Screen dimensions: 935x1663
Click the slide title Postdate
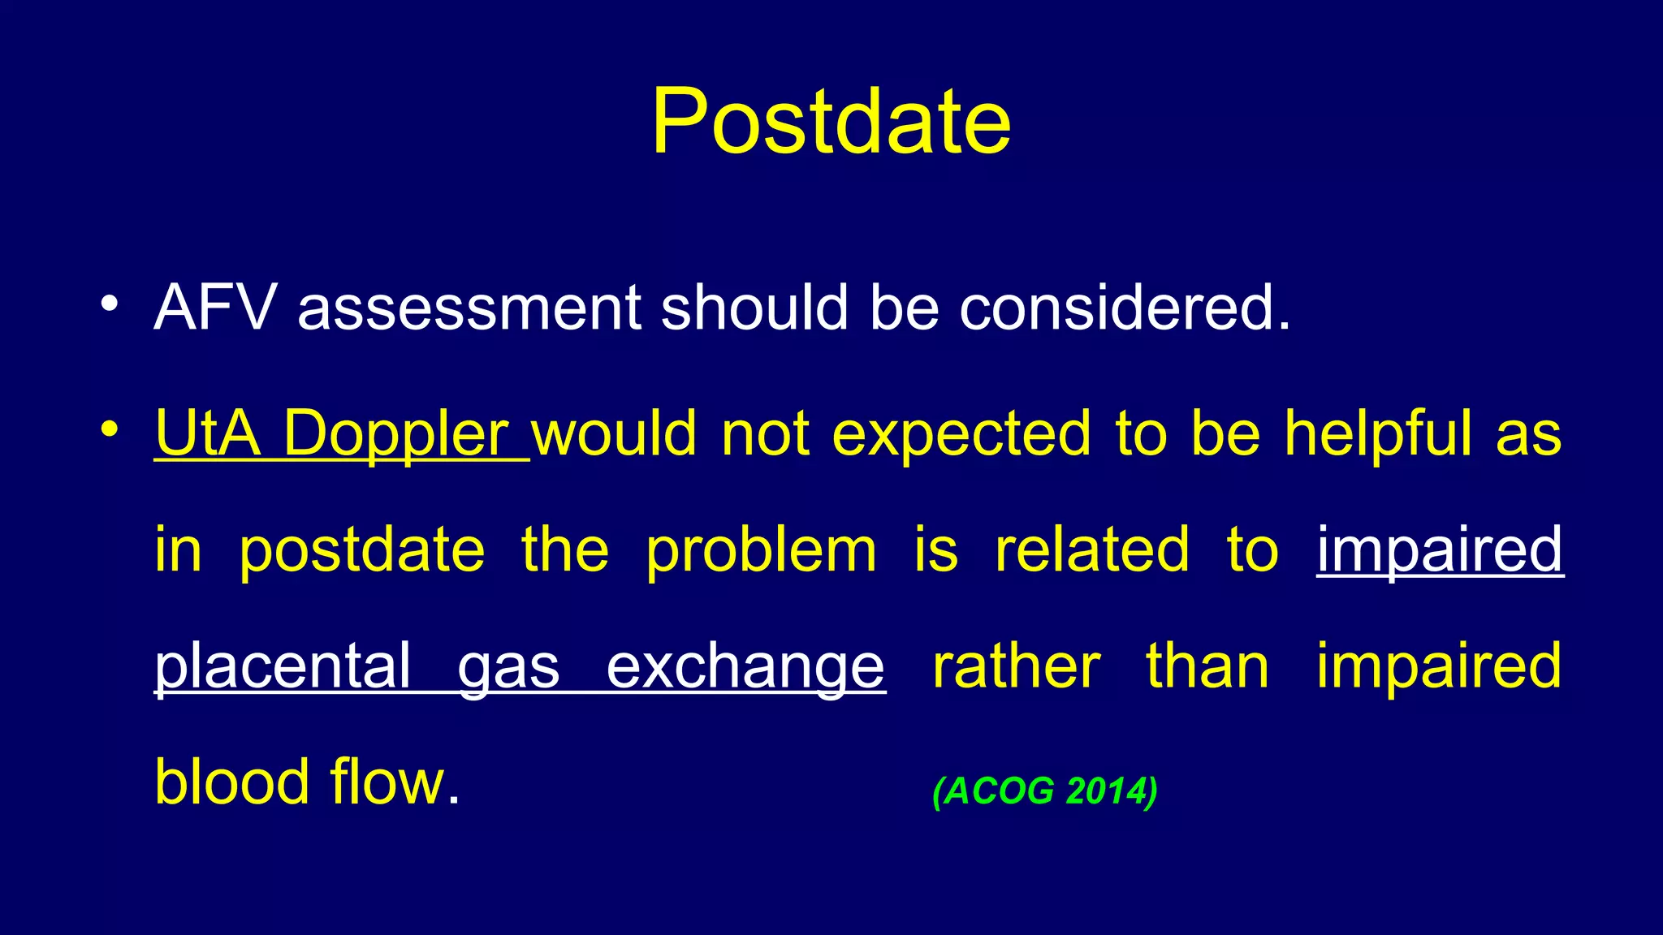pos(831,122)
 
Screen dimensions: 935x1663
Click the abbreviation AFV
pos(215,308)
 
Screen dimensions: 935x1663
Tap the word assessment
pos(470,308)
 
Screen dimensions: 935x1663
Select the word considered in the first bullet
pos(1124,308)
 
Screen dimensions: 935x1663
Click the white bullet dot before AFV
pos(110,304)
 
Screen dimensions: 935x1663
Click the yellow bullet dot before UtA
pos(110,429)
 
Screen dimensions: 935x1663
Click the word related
pos(1092,549)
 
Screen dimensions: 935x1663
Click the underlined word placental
pos(283,666)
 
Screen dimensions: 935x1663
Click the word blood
pos(232,782)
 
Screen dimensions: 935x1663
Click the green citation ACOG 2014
pos(1045,791)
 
